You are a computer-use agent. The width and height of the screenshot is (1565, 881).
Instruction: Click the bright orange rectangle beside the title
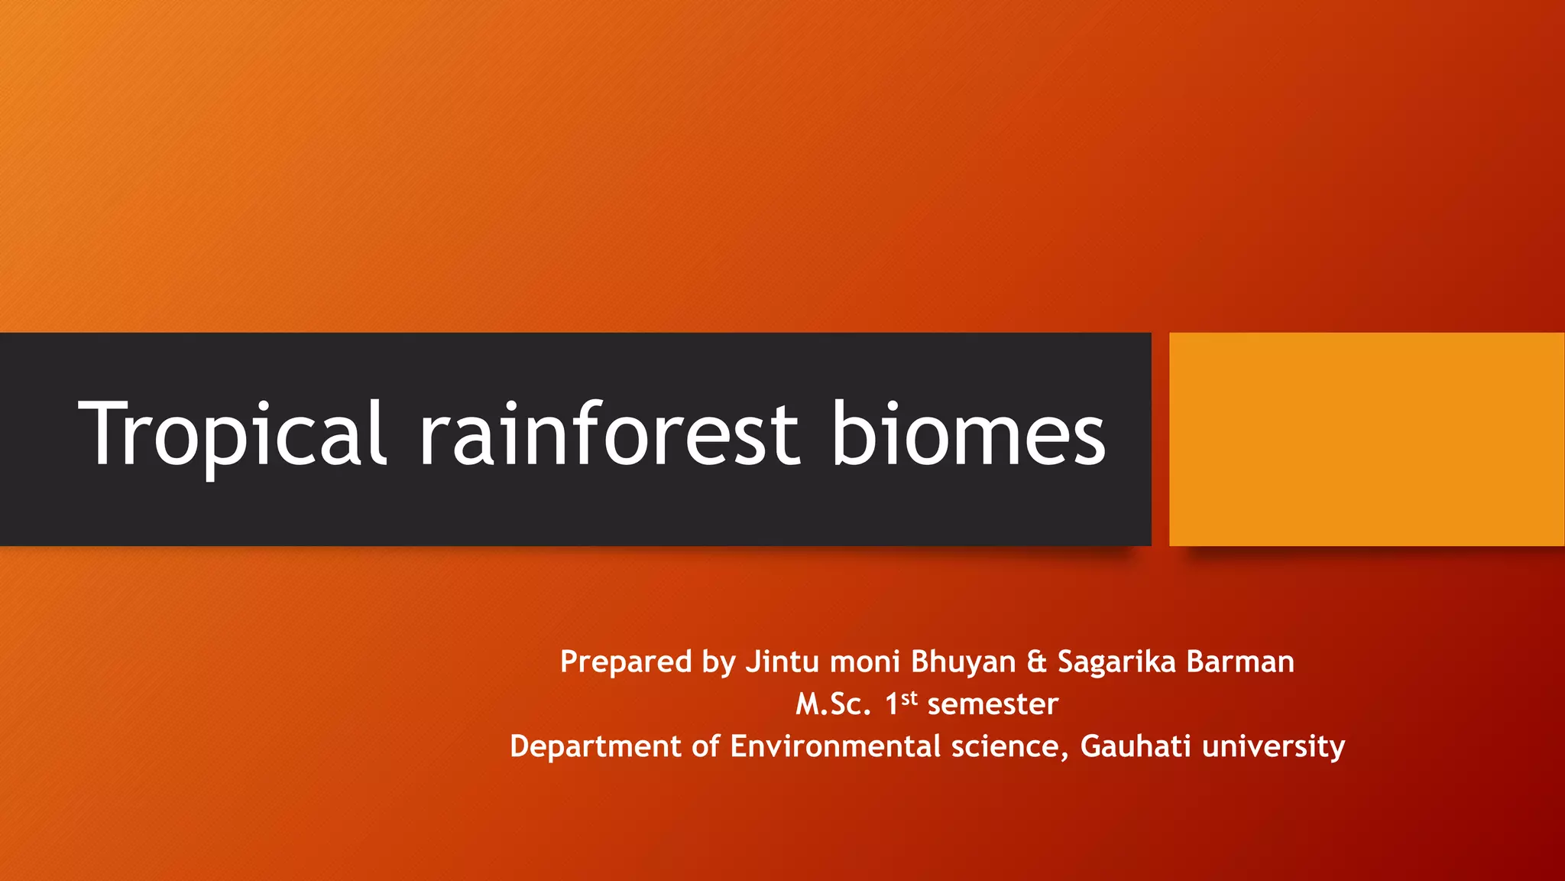(1366, 439)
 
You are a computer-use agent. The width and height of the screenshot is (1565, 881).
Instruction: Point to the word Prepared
(626, 662)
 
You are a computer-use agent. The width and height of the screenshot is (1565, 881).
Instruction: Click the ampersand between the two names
(1037, 662)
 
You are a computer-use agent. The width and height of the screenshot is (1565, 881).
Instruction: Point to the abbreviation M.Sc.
(833, 704)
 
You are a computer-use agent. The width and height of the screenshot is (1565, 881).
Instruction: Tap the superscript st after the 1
(909, 697)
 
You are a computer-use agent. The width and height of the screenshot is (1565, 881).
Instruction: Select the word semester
(993, 704)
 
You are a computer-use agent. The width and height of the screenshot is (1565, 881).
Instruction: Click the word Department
(595, 746)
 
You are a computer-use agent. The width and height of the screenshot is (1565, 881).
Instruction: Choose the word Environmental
(834, 746)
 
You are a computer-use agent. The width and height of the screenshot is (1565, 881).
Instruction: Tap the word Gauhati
(1135, 746)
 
